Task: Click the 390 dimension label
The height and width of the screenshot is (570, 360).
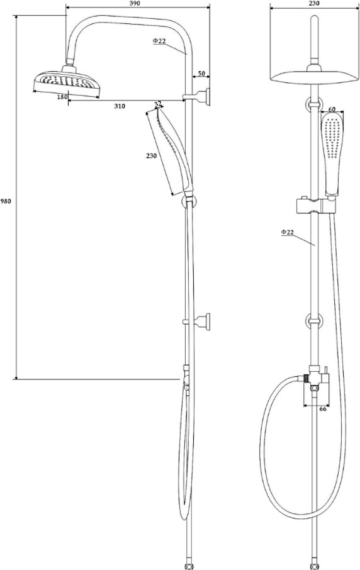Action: (x=135, y=3)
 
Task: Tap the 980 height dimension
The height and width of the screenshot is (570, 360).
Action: (x=6, y=201)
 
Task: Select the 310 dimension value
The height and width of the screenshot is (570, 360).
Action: (x=120, y=106)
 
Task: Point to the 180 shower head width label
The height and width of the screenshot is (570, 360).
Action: (x=62, y=97)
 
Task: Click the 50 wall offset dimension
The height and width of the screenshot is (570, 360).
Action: (x=202, y=74)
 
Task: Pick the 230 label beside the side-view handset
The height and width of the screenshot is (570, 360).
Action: (x=151, y=155)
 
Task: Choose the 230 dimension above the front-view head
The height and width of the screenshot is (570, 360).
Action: (x=314, y=3)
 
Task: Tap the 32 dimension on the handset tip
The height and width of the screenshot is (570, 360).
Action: (x=158, y=104)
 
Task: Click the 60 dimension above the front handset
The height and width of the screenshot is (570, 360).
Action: (x=332, y=109)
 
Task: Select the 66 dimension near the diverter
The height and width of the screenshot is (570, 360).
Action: (x=322, y=409)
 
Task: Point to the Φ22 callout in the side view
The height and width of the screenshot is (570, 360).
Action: (x=159, y=41)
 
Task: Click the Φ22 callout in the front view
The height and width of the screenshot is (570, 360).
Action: (x=287, y=232)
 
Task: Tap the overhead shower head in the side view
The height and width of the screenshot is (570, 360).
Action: (x=67, y=81)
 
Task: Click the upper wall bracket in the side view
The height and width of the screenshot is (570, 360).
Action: (x=197, y=97)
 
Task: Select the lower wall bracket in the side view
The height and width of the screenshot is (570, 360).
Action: (x=197, y=321)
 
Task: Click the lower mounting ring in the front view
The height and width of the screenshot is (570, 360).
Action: (x=314, y=321)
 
